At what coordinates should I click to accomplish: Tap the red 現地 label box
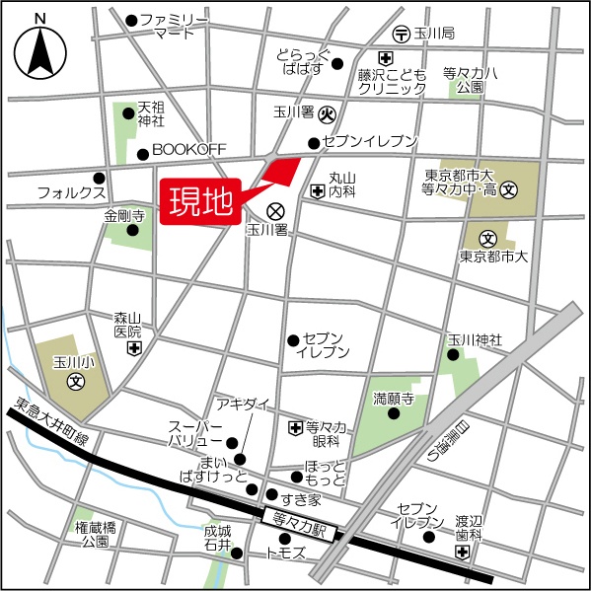(x=200, y=201)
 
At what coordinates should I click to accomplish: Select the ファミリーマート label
(x=174, y=26)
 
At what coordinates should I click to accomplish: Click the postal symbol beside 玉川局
(x=401, y=34)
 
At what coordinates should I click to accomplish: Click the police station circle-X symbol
(x=275, y=210)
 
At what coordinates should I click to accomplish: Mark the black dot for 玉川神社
(x=454, y=354)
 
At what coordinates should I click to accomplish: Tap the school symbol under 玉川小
(x=74, y=380)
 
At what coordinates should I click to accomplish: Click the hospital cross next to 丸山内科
(x=318, y=189)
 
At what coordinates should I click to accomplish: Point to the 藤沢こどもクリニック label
(x=392, y=80)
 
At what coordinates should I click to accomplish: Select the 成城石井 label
(x=217, y=536)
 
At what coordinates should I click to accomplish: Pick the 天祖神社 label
(x=150, y=113)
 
